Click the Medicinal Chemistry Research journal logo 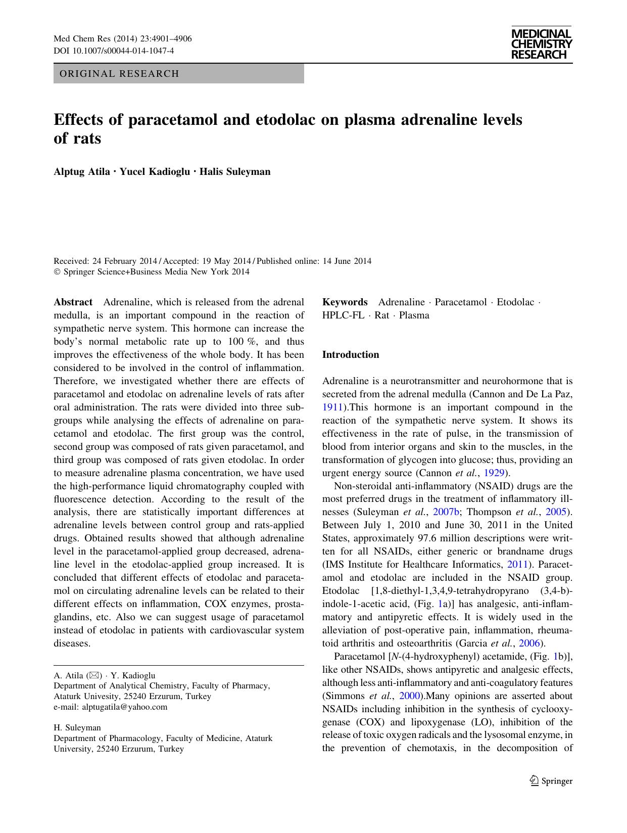click(x=541, y=44)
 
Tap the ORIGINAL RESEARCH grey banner click(x=178, y=74)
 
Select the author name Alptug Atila click(x=81, y=171)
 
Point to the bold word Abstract click(x=73, y=302)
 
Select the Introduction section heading click(x=350, y=355)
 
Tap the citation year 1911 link click(x=332, y=407)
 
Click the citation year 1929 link click(x=495, y=473)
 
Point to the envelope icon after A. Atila click(x=94, y=675)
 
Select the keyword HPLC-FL click(x=343, y=315)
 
